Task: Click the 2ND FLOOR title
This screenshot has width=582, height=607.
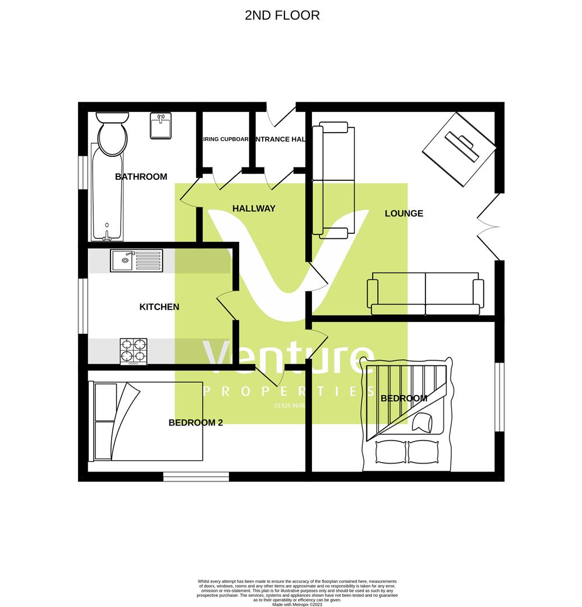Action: [282, 15]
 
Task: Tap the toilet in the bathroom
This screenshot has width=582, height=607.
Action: [112, 133]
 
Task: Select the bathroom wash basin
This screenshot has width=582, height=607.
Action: [161, 125]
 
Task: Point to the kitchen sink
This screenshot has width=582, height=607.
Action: [137, 260]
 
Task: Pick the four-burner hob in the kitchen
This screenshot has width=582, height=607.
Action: [134, 351]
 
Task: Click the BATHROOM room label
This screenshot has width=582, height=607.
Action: [141, 176]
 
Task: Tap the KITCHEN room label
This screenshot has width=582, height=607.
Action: [159, 307]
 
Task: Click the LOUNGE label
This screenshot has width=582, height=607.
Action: [404, 214]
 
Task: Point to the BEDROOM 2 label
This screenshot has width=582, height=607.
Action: [195, 423]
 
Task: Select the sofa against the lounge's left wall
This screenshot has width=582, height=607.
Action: [333, 179]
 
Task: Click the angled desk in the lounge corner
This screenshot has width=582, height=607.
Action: [459, 149]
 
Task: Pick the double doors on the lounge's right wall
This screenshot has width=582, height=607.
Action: [487, 227]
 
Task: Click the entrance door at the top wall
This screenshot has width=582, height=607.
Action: [281, 116]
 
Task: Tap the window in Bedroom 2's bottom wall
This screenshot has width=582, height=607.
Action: [196, 477]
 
